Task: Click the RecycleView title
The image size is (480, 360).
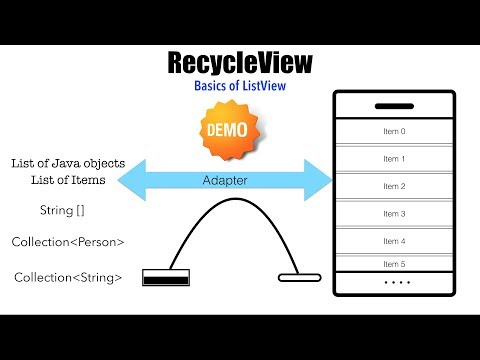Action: [x=239, y=63]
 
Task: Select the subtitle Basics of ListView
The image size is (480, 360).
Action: [x=239, y=87]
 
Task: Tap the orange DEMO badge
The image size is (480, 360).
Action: [x=227, y=131]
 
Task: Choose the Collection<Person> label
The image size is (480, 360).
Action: [x=67, y=242]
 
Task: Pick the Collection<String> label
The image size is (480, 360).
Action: [x=67, y=277]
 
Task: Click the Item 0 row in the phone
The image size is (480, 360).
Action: [x=395, y=131]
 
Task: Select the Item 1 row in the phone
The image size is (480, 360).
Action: [x=395, y=159]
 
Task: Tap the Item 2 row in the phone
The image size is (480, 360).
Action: [x=395, y=186]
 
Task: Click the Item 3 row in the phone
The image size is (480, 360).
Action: [x=395, y=214]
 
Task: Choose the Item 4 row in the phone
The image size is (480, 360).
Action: [x=395, y=241]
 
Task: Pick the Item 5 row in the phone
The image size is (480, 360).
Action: [x=395, y=264]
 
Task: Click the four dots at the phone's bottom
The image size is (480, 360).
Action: [x=395, y=283]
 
